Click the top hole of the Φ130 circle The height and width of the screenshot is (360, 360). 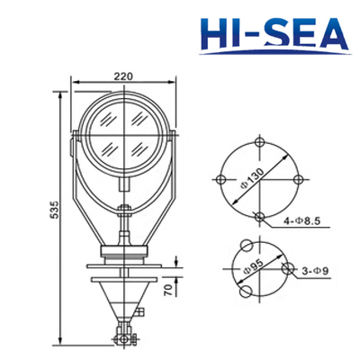260,141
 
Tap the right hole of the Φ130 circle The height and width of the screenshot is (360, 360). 297,178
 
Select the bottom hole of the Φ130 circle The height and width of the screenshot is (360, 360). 260,215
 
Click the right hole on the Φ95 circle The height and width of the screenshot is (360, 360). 288,268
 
